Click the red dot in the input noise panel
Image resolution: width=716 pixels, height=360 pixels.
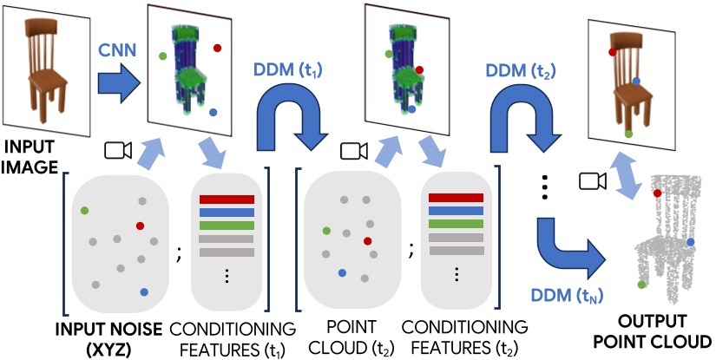140,226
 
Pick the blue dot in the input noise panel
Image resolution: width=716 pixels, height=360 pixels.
143,292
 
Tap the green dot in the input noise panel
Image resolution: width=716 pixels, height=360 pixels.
84,210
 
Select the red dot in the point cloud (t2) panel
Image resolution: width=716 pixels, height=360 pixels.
367,240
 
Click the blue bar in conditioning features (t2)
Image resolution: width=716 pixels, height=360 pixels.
457,211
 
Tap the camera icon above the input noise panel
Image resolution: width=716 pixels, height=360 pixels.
115,151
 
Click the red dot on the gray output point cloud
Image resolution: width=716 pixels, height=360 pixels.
658,193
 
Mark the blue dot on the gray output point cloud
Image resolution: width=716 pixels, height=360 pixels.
690,241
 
